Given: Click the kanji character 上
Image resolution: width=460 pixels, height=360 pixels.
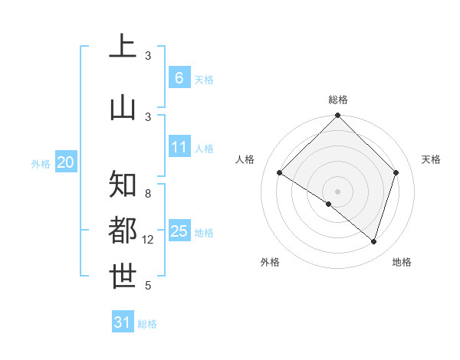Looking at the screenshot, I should point(123,47).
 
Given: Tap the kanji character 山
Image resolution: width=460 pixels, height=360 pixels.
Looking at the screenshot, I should point(123,107).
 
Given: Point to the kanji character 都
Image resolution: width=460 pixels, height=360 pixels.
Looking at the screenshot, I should point(123,231).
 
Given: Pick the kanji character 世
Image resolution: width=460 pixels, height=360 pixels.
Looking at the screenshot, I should point(123,277).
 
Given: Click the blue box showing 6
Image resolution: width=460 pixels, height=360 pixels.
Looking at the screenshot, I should point(179,78).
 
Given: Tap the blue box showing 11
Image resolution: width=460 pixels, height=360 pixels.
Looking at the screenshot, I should point(179,147).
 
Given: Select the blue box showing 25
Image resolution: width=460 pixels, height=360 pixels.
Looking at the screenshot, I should point(179,231).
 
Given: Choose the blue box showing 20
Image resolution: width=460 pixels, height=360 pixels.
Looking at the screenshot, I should point(66,162).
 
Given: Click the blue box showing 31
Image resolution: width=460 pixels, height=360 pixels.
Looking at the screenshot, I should point(123,322).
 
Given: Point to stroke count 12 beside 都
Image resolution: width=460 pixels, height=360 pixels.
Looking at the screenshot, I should point(148,240).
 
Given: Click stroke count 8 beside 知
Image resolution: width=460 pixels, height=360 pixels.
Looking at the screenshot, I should point(148,194).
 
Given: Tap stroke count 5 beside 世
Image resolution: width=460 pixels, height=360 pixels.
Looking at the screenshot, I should point(148,286).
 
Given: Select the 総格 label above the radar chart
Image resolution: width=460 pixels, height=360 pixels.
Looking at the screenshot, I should point(338,100).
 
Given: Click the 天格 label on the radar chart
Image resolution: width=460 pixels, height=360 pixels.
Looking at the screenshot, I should point(431,159).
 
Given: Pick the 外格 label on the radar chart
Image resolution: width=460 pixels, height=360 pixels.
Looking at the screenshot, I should point(270,262).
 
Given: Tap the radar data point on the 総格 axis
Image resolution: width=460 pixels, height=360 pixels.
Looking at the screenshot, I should point(337,116).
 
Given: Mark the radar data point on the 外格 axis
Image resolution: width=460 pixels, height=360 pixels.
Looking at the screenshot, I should point(329,204).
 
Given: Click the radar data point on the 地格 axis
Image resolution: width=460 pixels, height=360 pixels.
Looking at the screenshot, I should point(373,241).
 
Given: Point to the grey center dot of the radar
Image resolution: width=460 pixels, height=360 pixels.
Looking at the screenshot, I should point(337,191).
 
